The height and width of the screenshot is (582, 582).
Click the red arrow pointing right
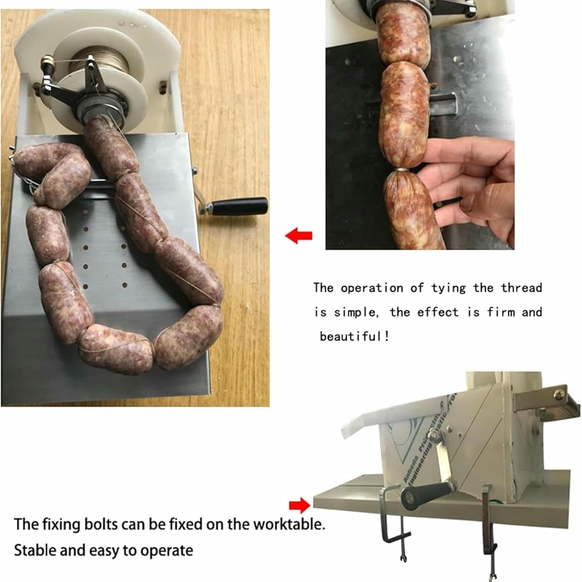(x=300, y=505)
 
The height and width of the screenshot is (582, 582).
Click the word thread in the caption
(x=521, y=288)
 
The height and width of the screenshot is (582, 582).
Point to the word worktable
(x=289, y=524)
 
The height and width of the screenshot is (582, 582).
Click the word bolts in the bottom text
(x=101, y=524)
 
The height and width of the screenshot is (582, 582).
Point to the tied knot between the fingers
(x=402, y=170)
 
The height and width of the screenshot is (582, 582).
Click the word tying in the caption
(x=448, y=288)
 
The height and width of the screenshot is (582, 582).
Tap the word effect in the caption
(x=438, y=312)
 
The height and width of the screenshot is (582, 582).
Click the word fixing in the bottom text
(x=62, y=524)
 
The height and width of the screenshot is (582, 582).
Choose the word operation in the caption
(x=372, y=288)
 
